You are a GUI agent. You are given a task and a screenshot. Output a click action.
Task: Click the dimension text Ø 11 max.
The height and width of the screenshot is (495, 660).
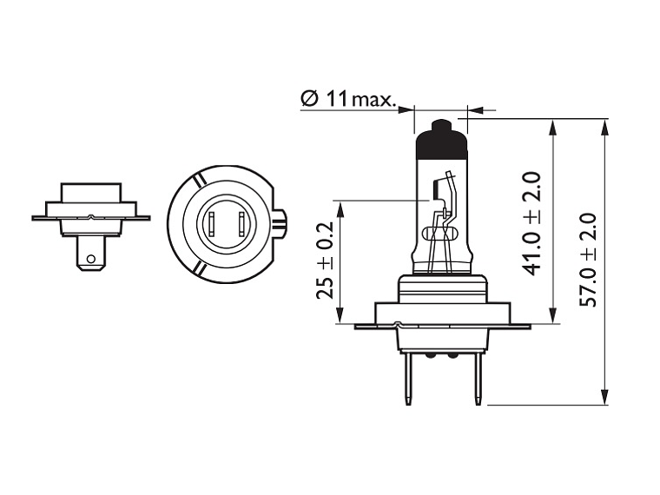347,99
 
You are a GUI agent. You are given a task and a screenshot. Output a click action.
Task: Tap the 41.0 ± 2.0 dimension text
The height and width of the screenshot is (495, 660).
531,223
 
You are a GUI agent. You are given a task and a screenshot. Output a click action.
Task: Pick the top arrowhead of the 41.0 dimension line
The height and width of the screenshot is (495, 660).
553,126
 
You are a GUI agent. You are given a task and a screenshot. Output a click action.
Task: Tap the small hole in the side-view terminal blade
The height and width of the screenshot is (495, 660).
89,257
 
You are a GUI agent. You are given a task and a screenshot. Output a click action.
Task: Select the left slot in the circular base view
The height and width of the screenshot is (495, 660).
210,225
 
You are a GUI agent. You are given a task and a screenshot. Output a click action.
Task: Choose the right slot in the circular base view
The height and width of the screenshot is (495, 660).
234,225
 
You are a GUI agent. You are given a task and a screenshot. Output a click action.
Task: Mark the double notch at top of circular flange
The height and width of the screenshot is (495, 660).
200,179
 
